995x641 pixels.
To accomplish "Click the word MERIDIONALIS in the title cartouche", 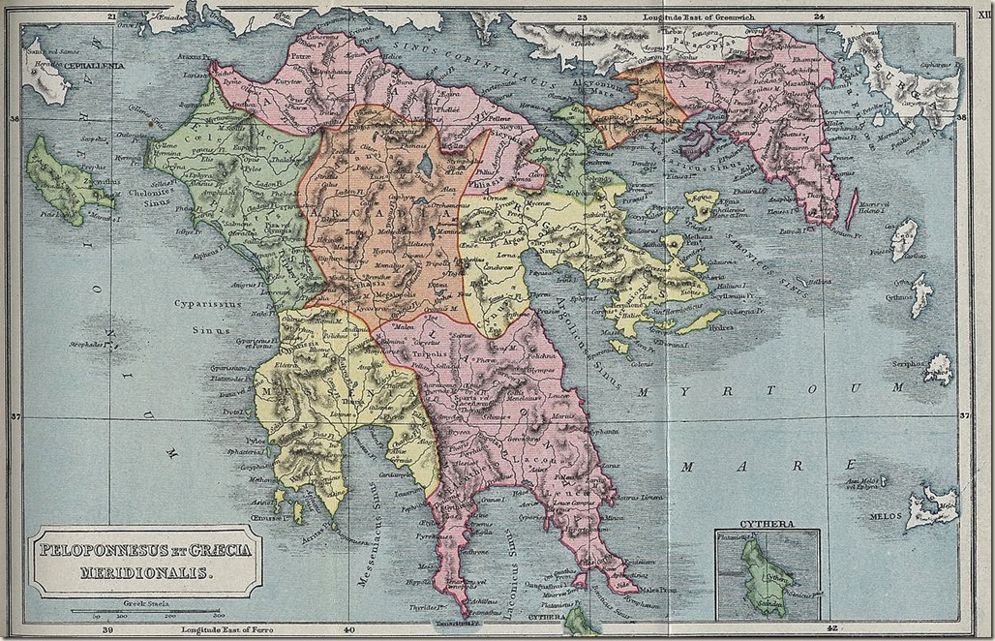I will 145,572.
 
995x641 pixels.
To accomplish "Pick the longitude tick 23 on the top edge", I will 583,15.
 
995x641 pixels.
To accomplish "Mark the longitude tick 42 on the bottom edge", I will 832,628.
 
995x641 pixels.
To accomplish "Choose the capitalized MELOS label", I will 884,516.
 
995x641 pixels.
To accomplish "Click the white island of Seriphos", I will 938,369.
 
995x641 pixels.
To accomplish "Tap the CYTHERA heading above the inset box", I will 767,524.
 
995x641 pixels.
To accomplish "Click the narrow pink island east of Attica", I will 852,208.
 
